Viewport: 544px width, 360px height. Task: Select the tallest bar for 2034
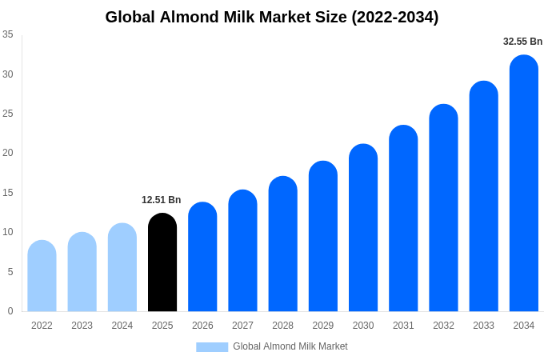click(x=524, y=183)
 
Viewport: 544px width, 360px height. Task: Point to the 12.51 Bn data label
click(x=162, y=200)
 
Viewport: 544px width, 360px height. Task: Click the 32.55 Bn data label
click(x=522, y=42)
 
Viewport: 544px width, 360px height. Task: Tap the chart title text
click(x=272, y=17)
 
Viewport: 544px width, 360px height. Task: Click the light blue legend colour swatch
click(x=212, y=346)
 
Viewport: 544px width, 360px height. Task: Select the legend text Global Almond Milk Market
click(x=290, y=346)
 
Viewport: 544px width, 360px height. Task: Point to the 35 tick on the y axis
click(x=8, y=34)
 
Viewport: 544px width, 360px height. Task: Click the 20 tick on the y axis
click(x=8, y=153)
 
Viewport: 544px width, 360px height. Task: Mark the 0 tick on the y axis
click(x=10, y=311)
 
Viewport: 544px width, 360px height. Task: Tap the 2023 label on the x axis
click(x=82, y=326)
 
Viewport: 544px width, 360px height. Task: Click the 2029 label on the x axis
click(x=323, y=326)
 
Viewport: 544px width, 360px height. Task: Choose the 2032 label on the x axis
click(x=443, y=326)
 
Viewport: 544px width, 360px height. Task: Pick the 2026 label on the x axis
click(x=202, y=326)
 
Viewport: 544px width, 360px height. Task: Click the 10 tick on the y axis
click(x=8, y=232)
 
